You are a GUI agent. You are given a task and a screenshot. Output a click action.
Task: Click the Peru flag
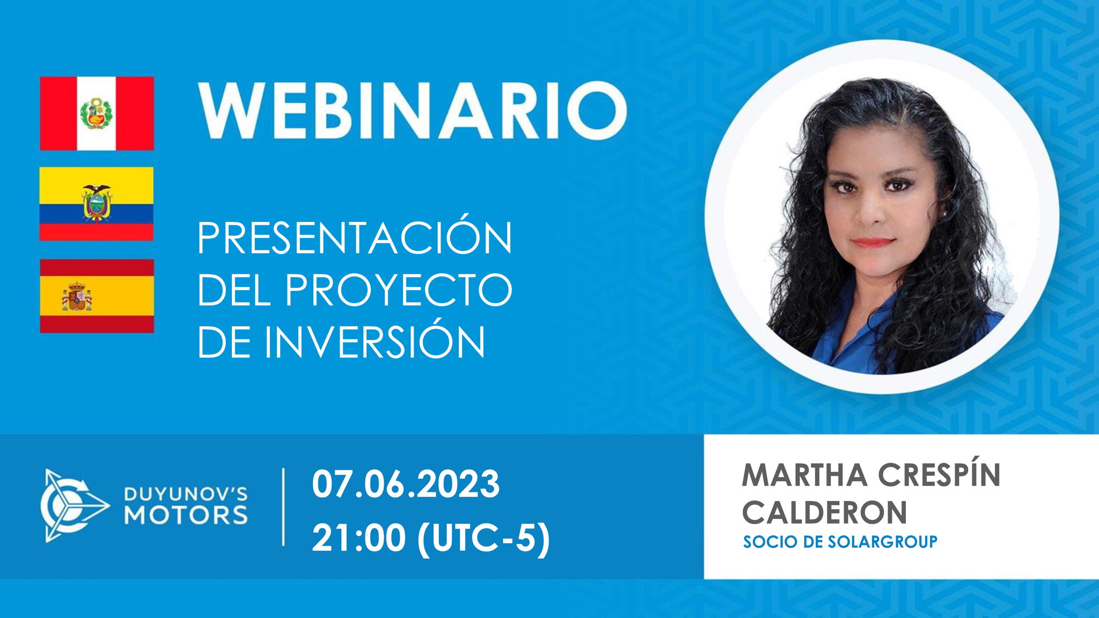(x=97, y=113)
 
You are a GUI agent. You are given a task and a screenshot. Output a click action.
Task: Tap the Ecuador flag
(x=97, y=204)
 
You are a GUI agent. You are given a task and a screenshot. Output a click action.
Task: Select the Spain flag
(x=97, y=296)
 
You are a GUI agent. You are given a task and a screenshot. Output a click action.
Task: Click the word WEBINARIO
(x=413, y=111)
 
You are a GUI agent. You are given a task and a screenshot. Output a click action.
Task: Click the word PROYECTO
(x=399, y=290)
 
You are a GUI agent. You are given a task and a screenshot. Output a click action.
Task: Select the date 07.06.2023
(x=406, y=484)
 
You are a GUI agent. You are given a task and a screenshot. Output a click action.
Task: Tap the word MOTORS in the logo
(x=186, y=514)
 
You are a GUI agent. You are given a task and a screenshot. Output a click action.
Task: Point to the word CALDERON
(x=824, y=512)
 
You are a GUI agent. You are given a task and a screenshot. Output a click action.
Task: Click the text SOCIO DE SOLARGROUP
(x=840, y=542)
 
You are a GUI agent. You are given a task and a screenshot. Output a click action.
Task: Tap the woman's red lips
(x=873, y=242)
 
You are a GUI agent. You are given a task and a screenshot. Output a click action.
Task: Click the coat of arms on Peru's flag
(x=96, y=113)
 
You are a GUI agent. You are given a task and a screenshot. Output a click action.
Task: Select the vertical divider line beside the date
(x=283, y=507)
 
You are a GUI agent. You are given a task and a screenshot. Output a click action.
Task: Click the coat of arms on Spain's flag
(x=76, y=297)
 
